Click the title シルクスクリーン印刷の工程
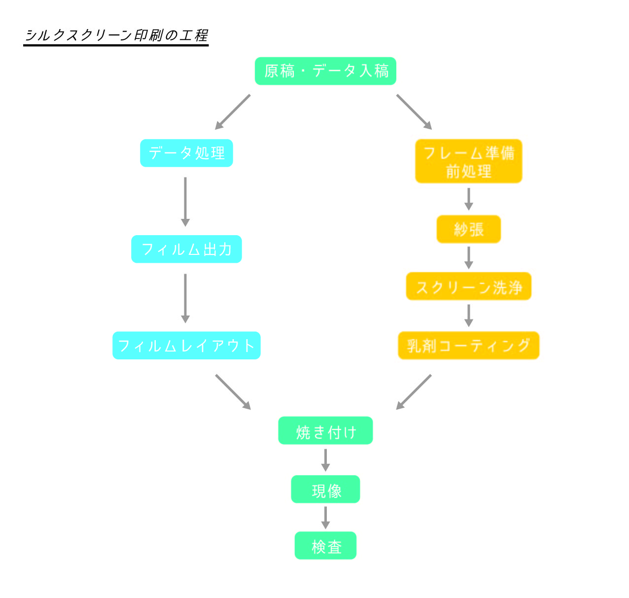pos(116,35)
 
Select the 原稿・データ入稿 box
pos(325,71)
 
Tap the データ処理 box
pos(186,153)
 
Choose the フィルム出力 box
pos(186,249)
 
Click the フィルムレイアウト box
pos(186,346)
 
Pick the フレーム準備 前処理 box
pos(468,161)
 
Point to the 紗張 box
pos(468,229)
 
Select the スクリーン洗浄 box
pos(468,286)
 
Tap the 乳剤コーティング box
pos(468,346)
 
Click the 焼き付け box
pos(325,431)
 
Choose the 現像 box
pos(325,490)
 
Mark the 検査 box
pos(325,546)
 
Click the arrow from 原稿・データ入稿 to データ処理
pos(233,112)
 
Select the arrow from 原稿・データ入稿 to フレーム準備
pos(414,112)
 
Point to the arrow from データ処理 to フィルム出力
pos(185,201)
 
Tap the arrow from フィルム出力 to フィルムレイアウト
pos(185,298)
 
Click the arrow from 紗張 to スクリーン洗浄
pos(469,257)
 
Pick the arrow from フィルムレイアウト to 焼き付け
pos(233,392)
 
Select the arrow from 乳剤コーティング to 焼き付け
pos(414,392)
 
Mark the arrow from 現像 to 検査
pos(325,517)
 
